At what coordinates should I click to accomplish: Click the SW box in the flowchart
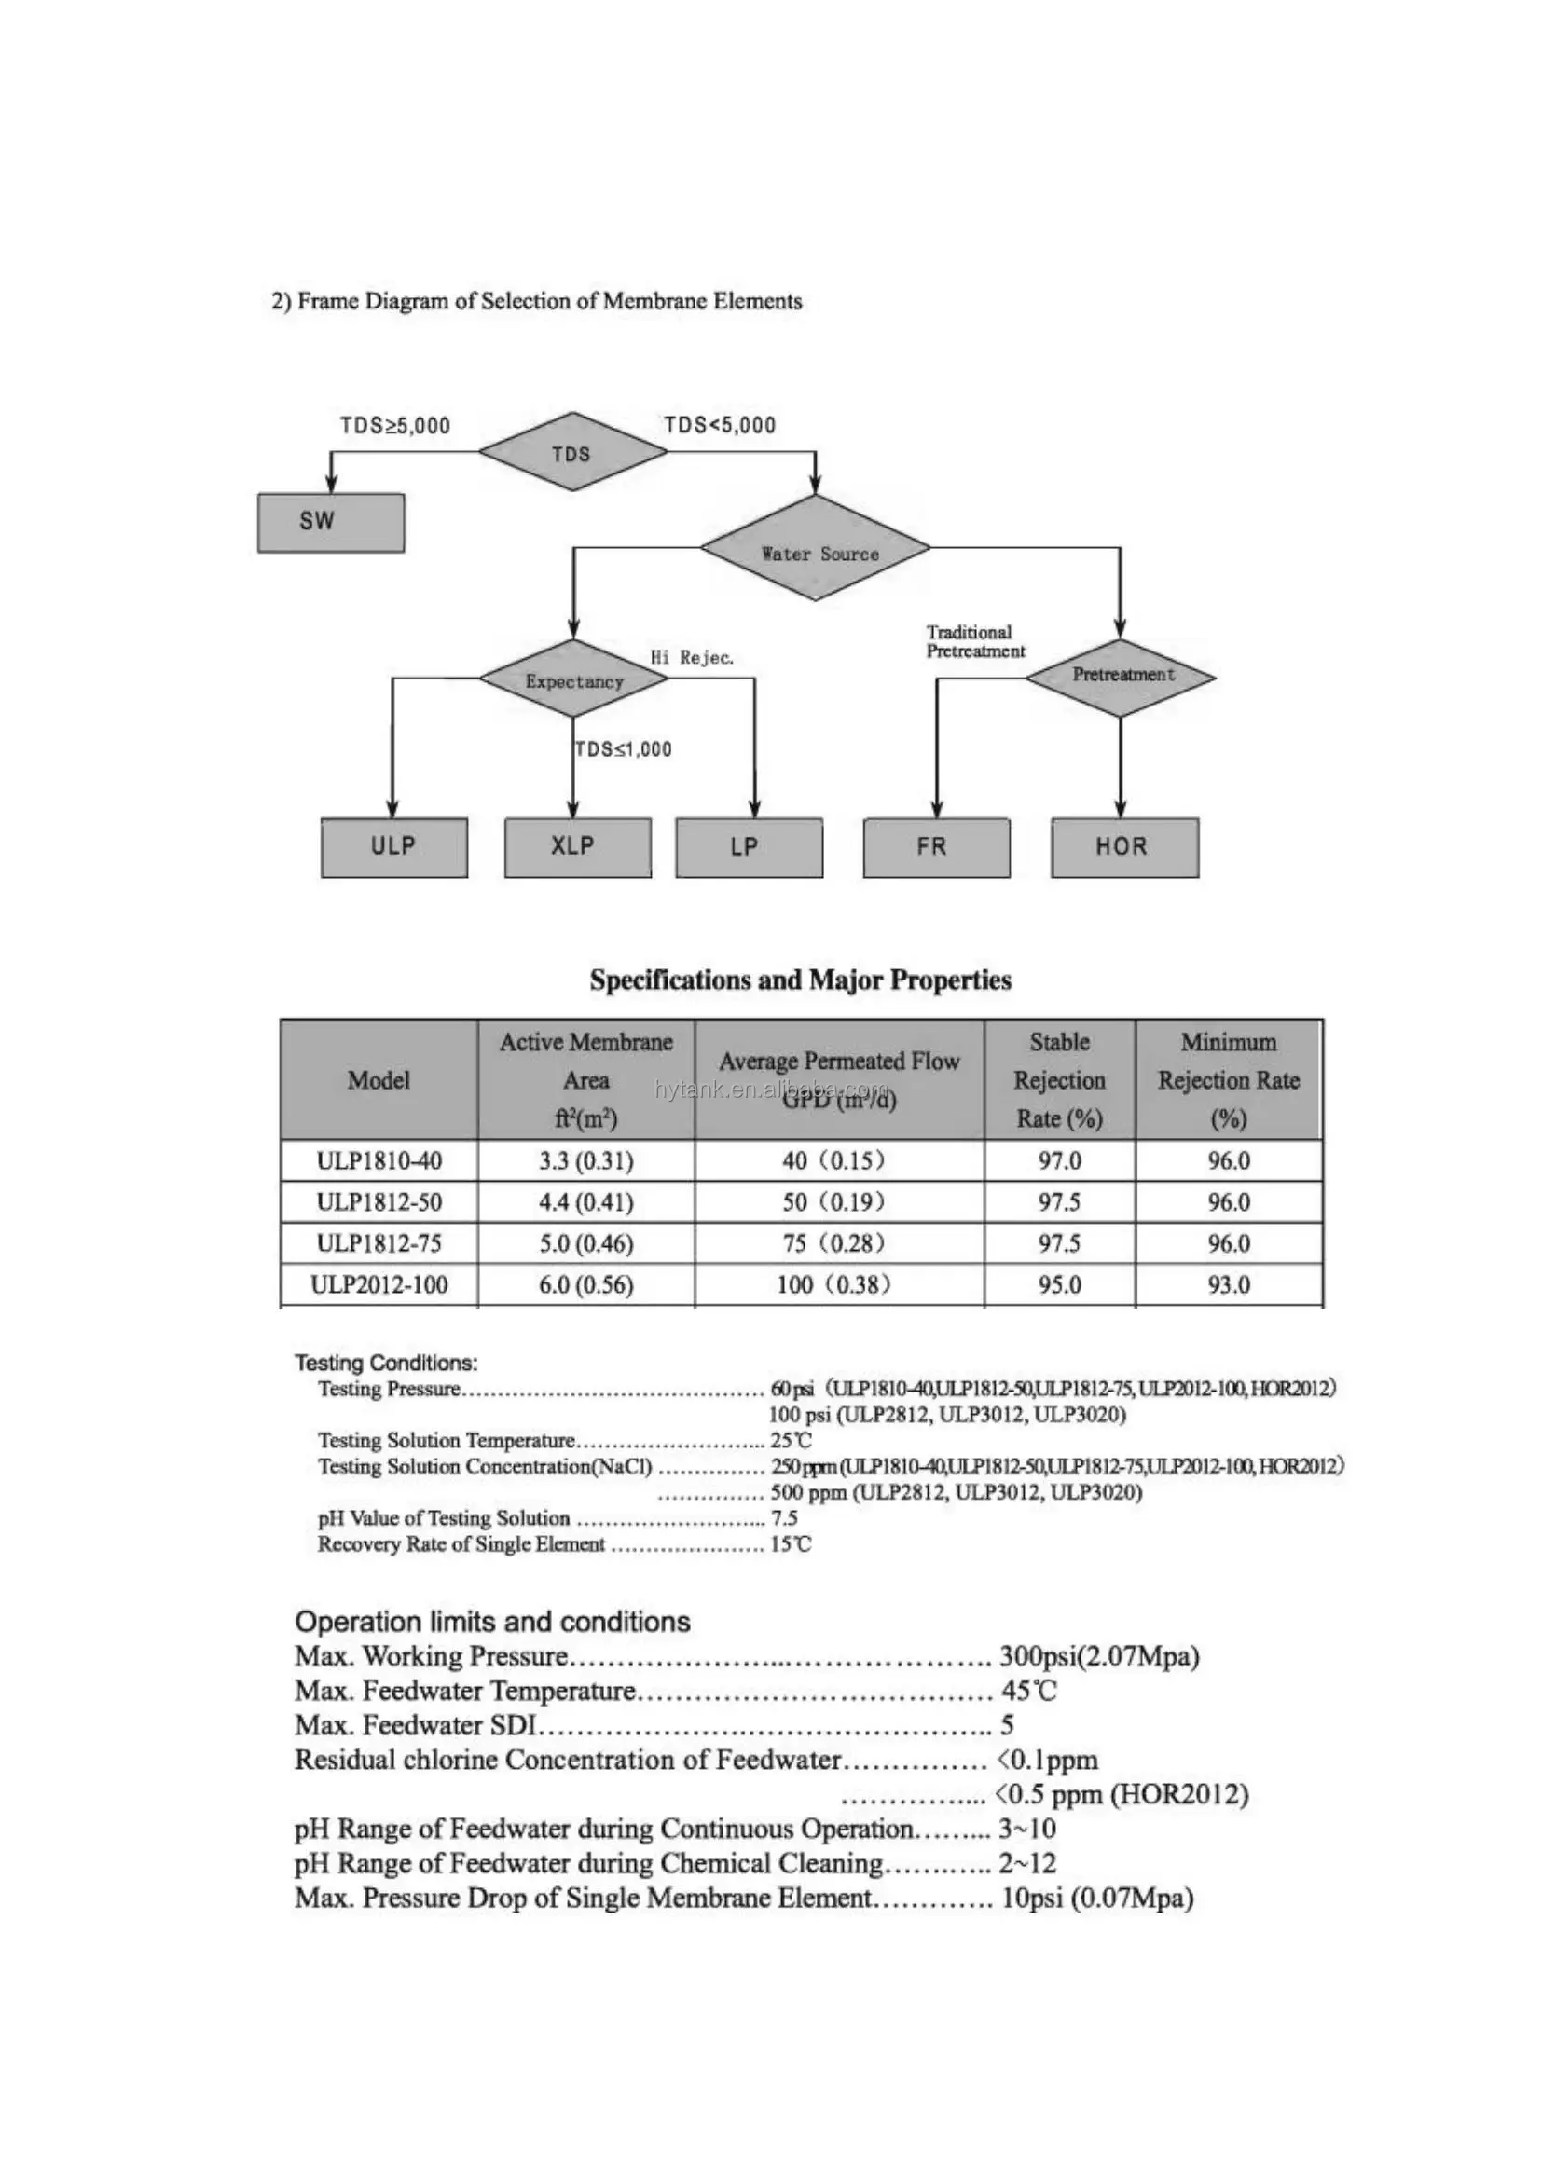(330, 522)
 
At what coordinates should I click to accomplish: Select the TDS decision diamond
(571, 453)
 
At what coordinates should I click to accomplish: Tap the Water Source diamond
(817, 550)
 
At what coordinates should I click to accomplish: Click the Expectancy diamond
(573, 679)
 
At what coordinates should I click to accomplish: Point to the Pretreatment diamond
(1122, 676)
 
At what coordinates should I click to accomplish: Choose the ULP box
(393, 847)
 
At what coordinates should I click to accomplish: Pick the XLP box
(577, 847)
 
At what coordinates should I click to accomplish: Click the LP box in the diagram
(749, 847)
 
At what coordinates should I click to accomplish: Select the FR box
(936, 847)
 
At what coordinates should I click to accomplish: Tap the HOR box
(1124, 847)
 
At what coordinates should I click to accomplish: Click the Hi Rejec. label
(691, 658)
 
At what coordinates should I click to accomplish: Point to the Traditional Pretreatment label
(975, 642)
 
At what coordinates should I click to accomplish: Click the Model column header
(379, 1080)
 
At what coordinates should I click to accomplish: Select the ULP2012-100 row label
(379, 1285)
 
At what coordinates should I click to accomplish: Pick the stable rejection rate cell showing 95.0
(1060, 1285)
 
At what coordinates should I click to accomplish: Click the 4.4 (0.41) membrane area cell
(585, 1203)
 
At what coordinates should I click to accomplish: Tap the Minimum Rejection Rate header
(1228, 1080)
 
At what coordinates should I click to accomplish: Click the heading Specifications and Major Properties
(801, 980)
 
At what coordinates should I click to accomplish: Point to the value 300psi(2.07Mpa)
(1098, 1658)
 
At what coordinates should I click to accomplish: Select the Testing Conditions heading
(386, 1364)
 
